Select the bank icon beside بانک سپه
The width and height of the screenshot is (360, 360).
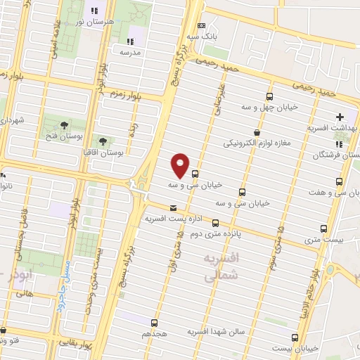201,25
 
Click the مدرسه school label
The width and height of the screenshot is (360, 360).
130,52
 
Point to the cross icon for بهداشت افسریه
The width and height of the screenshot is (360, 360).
341,117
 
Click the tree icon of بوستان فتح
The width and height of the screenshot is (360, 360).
64,124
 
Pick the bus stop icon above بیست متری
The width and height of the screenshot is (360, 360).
323,229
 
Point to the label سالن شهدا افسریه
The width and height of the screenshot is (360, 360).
216,330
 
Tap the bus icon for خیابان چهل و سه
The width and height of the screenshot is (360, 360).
269,96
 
